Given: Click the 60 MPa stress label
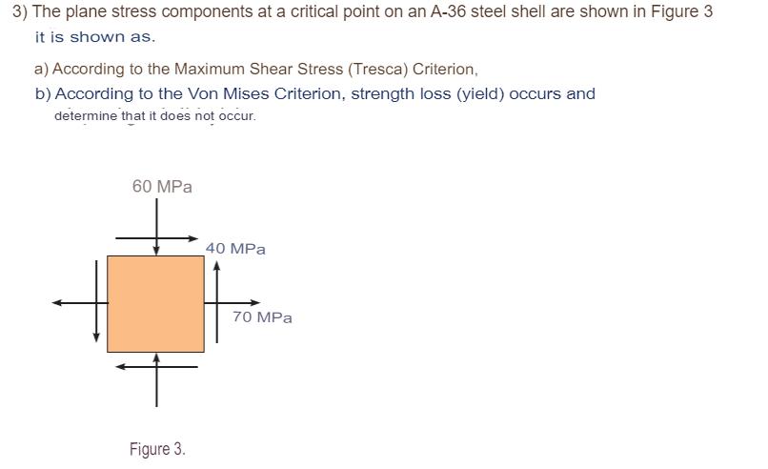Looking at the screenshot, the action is (x=162, y=187).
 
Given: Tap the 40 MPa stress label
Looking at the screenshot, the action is (x=235, y=249).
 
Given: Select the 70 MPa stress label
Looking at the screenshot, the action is (x=262, y=317).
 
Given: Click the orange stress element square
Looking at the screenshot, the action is (x=155, y=303).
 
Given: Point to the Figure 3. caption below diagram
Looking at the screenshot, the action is (x=157, y=449).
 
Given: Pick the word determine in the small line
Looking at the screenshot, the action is (x=84, y=116).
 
